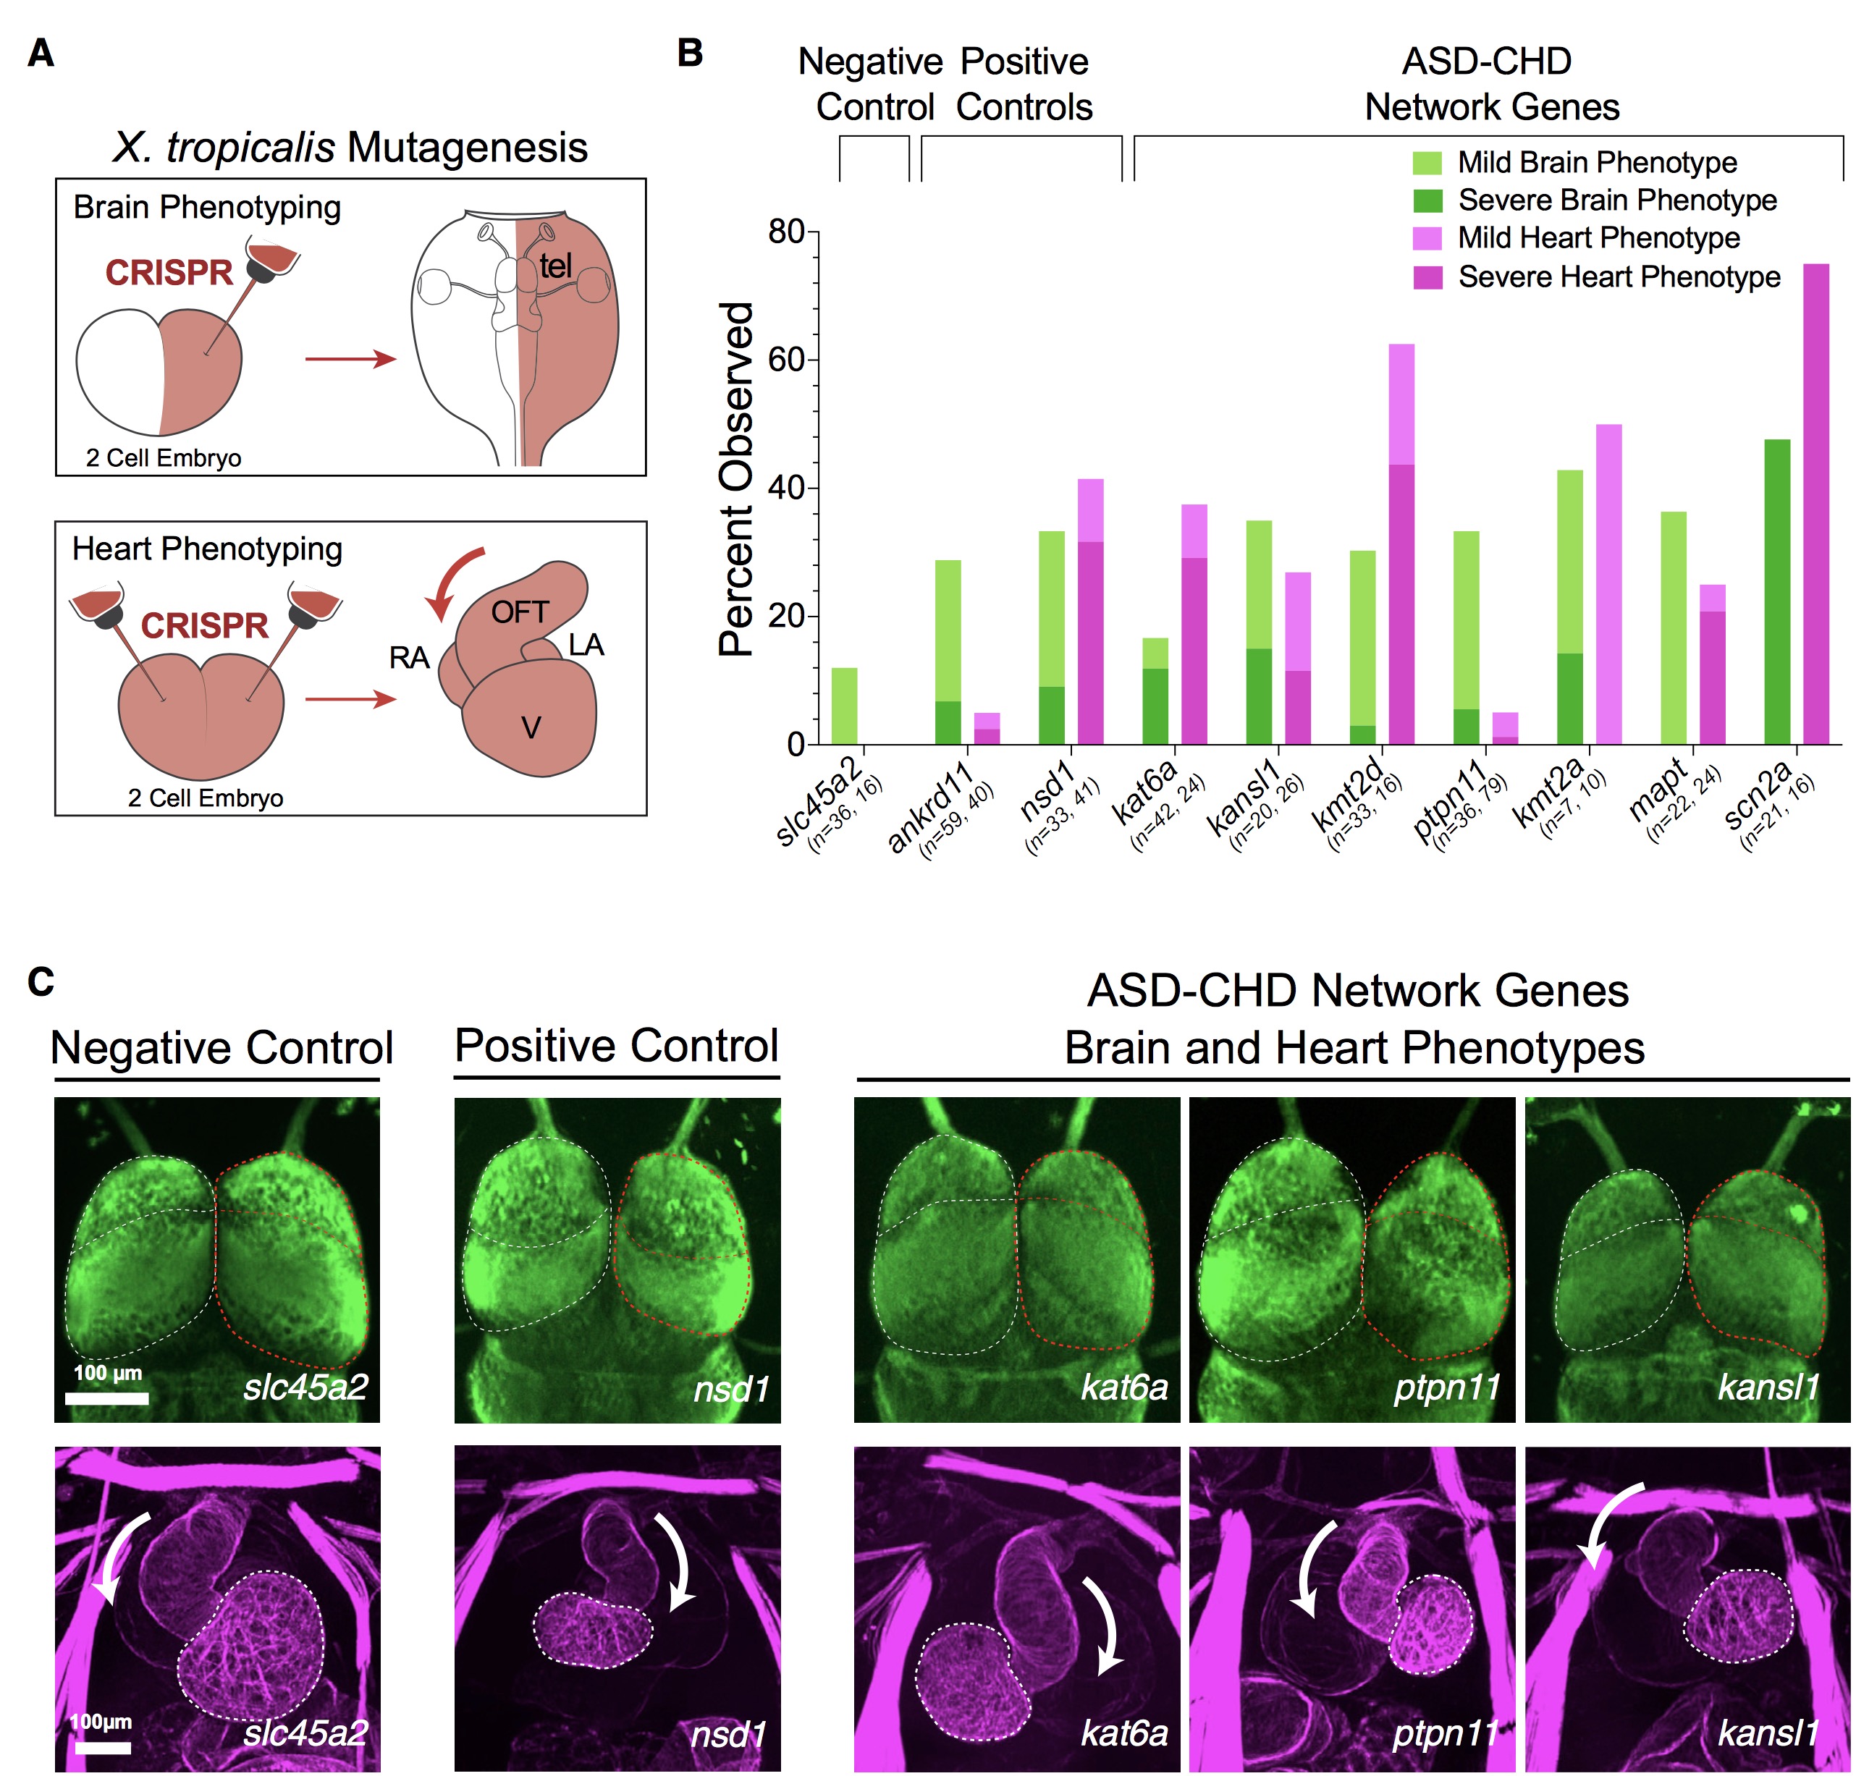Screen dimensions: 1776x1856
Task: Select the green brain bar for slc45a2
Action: pyautogui.click(x=844, y=706)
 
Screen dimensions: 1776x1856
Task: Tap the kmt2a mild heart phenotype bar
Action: pyautogui.click(x=1608, y=584)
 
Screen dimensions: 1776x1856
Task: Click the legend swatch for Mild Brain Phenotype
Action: pyautogui.click(x=1426, y=163)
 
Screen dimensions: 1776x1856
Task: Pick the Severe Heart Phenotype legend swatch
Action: pyautogui.click(x=1426, y=277)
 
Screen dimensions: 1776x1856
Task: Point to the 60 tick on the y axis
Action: pyautogui.click(x=787, y=360)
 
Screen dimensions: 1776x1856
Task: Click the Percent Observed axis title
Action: pyautogui.click(x=735, y=479)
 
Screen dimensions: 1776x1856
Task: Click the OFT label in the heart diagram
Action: pyautogui.click(x=520, y=612)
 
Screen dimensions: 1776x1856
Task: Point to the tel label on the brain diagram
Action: pyautogui.click(x=556, y=267)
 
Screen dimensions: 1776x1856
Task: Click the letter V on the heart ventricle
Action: pyautogui.click(x=531, y=728)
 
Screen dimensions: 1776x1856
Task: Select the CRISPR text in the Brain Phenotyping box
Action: pyautogui.click(x=169, y=273)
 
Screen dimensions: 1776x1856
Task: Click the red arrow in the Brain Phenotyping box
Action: pyautogui.click(x=350, y=359)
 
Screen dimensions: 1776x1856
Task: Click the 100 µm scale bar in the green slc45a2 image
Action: pyautogui.click(x=107, y=1397)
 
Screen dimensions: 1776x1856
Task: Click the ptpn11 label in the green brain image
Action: pyautogui.click(x=1447, y=1388)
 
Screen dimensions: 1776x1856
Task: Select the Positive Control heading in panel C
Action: pyautogui.click(x=617, y=1046)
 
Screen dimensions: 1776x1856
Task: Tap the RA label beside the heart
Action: pyautogui.click(x=409, y=658)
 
